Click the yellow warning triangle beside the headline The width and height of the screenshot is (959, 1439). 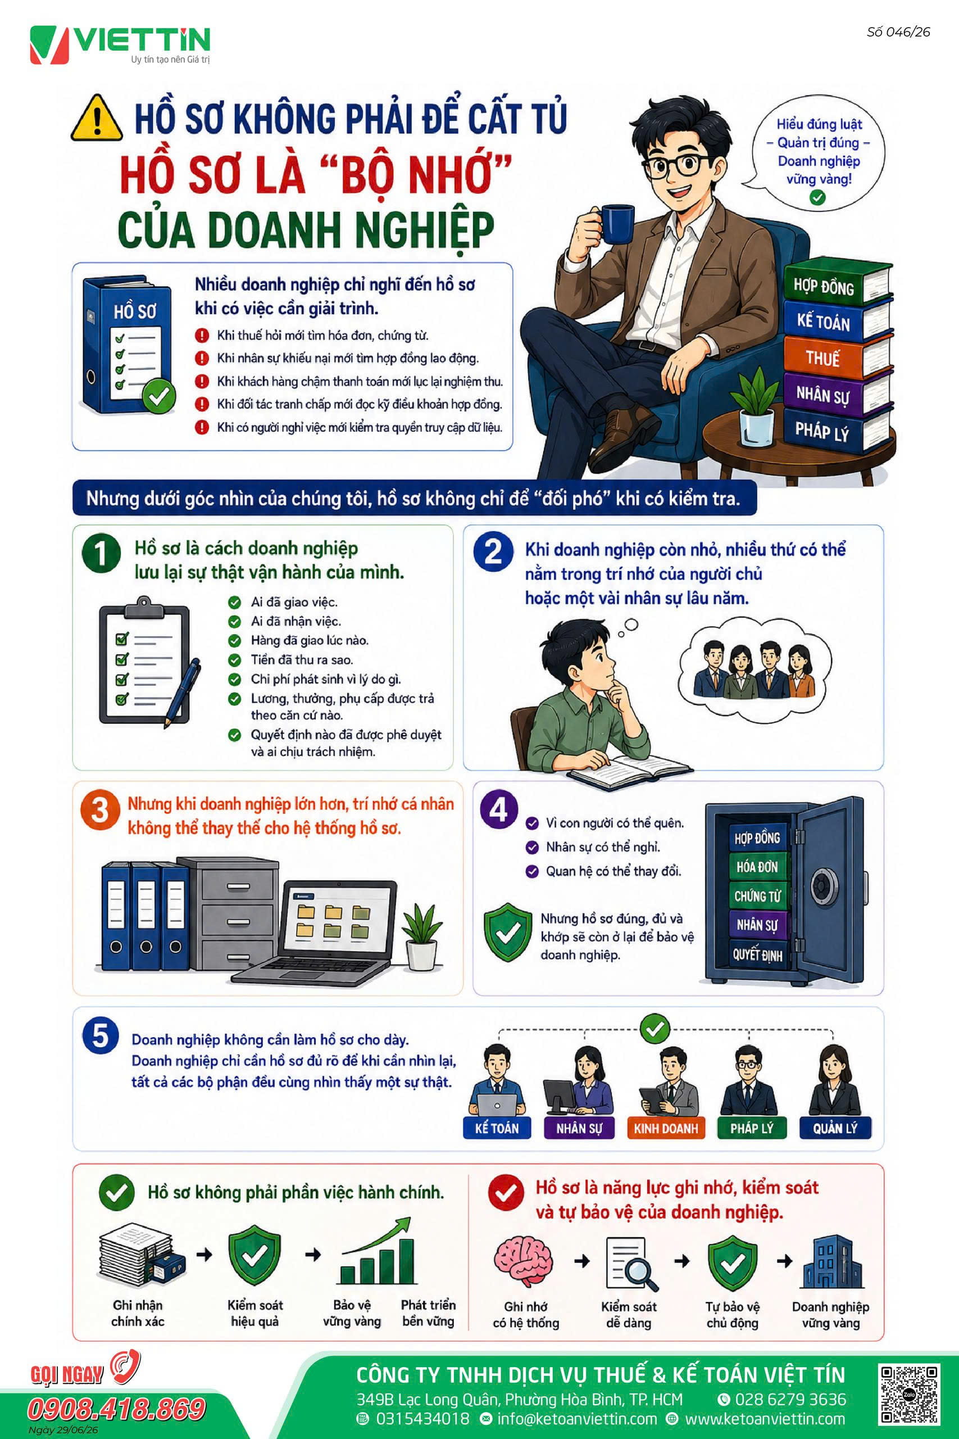point(96,118)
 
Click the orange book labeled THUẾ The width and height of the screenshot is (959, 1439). point(836,358)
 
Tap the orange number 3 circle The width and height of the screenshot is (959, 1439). point(99,810)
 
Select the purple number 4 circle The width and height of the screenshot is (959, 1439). point(499,810)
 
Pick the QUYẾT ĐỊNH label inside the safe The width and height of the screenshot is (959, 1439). point(758,954)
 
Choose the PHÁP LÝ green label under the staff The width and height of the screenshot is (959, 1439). point(752,1128)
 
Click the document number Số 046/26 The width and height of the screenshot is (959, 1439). point(898,33)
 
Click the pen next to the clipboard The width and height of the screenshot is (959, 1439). point(182,692)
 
